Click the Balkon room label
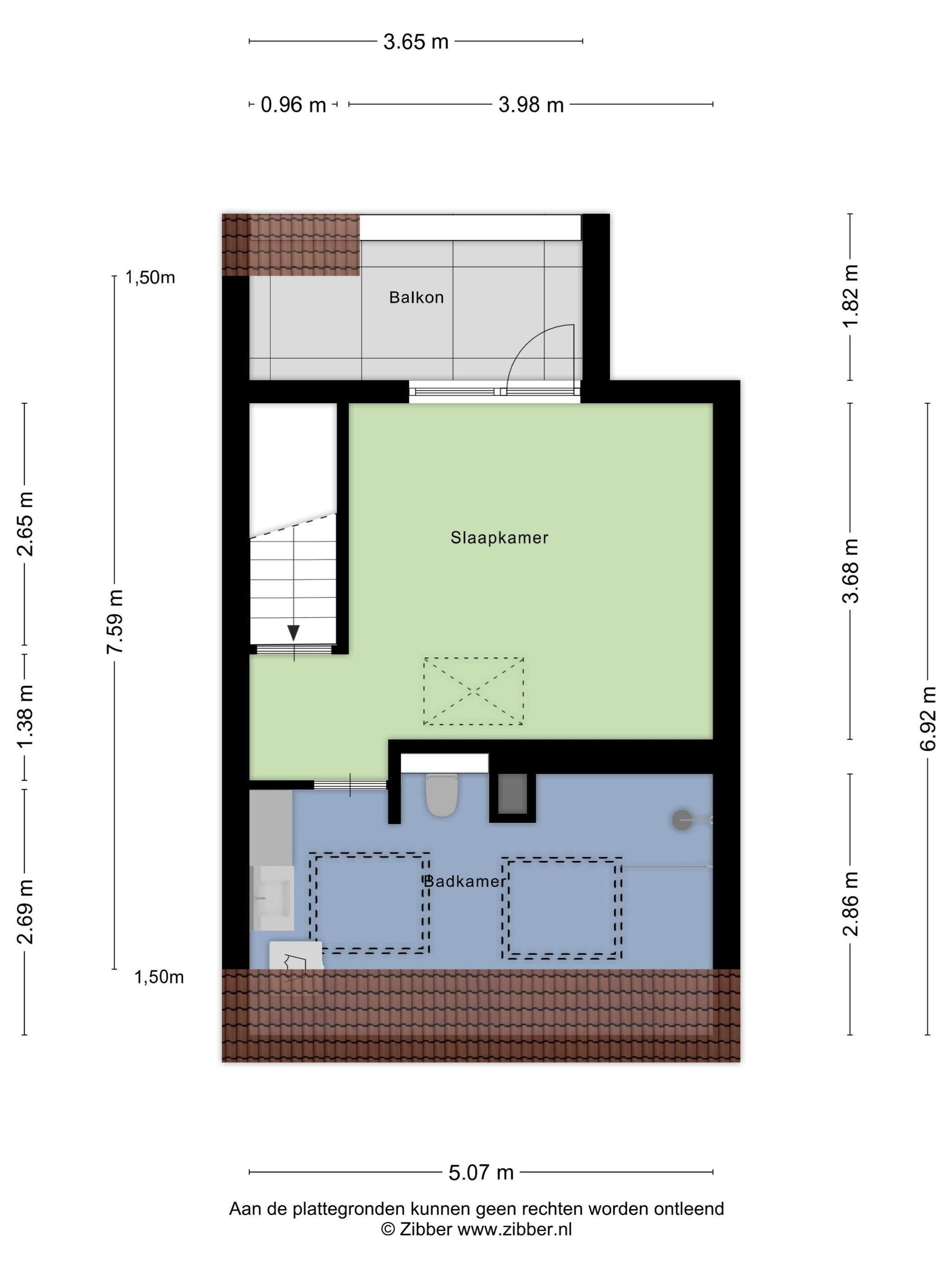click(416, 297)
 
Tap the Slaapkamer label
click(499, 538)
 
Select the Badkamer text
click(464, 881)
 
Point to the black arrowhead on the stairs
click(293, 633)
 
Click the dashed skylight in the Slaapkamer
click(473, 691)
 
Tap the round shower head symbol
click(682, 820)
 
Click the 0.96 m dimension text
click(293, 105)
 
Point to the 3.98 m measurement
click(531, 105)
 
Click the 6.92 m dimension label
click(928, 718)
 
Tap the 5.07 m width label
click(481, 1172)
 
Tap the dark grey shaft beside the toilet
click(512, 794)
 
